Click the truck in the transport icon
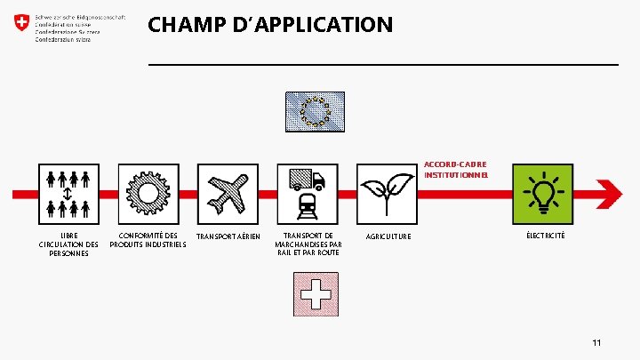(x=308, y=179)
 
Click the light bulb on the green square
(x=545, y=192)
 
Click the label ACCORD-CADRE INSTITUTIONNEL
(x=455, y=170)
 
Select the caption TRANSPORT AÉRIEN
(x=228, y=236)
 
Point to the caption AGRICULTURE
(x=388, y=236)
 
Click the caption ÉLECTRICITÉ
(x=545, y=235)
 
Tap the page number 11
(x=597, y=342)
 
